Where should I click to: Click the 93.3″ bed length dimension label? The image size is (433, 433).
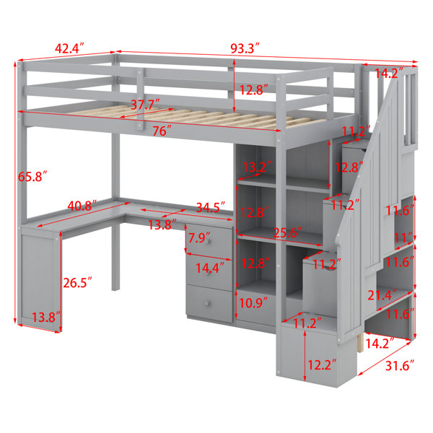coord(245,48)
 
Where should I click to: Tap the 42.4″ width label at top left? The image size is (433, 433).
coord(69,48)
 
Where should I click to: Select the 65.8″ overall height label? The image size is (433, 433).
coord(32,176)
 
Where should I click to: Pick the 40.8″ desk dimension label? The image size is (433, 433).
coord(82,206)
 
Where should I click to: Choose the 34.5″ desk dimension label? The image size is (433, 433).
coord(211,207)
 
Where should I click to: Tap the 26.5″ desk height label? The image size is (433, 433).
coord(78,282)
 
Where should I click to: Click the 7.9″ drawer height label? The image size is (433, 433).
coord(198,238)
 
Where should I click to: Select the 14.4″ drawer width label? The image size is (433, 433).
coord(210,268)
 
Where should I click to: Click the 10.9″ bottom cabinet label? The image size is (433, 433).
coord(253,303)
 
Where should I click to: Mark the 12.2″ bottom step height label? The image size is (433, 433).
coord(322,364)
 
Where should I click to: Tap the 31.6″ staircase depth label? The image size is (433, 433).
coord(400,365)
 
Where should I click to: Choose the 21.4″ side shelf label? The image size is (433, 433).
coord(382,295)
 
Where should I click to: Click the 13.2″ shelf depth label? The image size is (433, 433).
coord(257,167)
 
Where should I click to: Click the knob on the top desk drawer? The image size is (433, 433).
coord(208,241)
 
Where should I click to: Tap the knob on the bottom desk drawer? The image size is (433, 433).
coord(207,304)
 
